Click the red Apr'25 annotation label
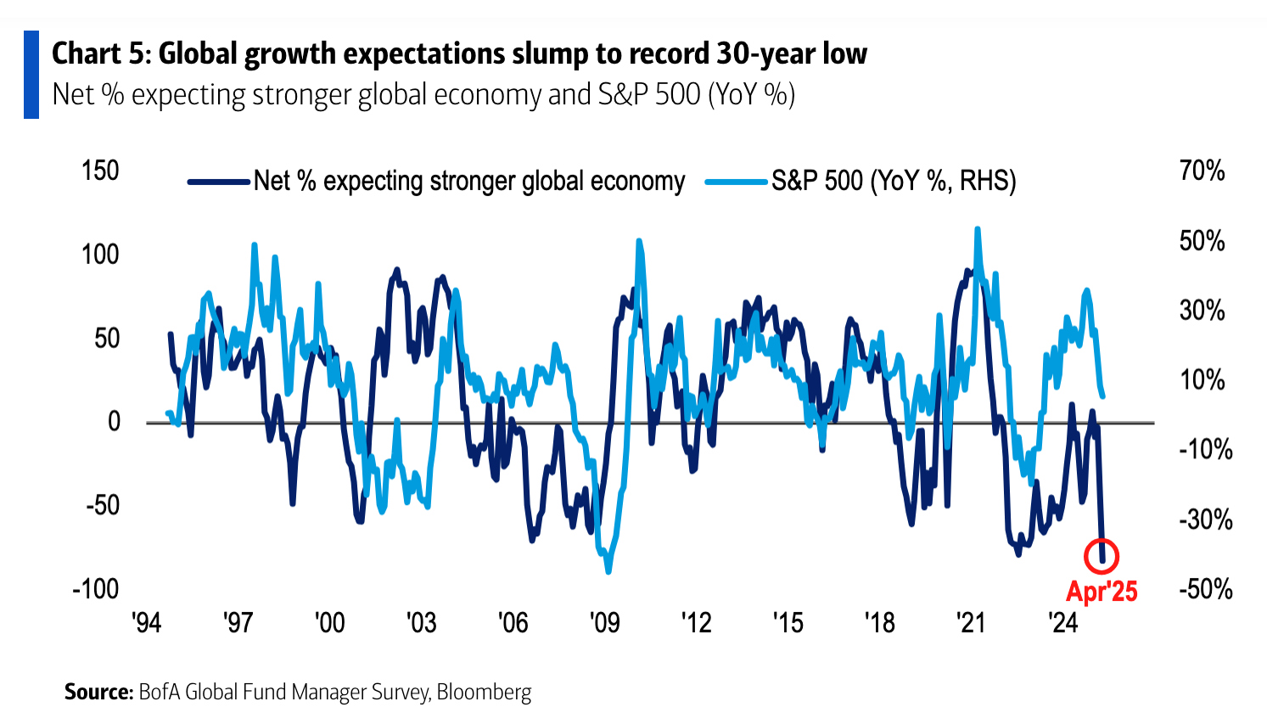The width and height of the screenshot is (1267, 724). point(1102,591)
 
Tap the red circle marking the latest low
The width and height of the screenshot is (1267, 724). point(1102,557)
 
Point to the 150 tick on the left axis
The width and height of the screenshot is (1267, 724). point(100,171)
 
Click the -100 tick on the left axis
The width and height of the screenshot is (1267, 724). point(96,588)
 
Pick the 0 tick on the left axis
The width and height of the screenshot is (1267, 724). point(113,421)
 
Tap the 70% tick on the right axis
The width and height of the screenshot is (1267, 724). point(1202,171)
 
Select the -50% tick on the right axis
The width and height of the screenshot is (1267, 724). point(1205,588)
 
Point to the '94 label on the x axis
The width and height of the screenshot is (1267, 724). point(147,623)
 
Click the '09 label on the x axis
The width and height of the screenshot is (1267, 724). point(604,623)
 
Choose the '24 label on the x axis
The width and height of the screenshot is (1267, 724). point(1062,623)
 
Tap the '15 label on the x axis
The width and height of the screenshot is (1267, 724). point(788,623)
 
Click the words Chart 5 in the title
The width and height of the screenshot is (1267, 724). point(99,53)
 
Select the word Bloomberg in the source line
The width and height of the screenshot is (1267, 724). point(484,692)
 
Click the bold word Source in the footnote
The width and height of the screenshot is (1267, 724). point(98,692)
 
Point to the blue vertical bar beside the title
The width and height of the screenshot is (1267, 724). point(31,75)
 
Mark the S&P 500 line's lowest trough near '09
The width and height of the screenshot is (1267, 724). point(608,572)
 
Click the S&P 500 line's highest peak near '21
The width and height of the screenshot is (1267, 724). point(978,228)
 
